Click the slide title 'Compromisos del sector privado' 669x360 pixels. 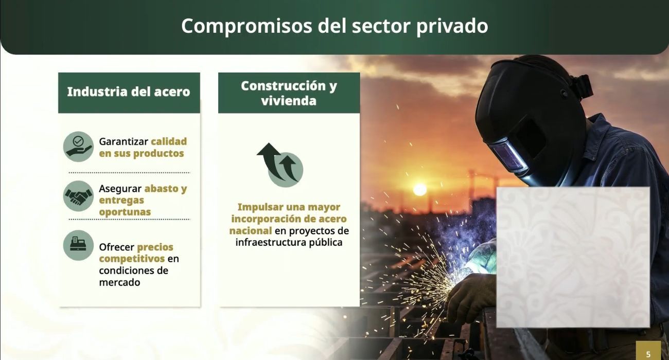point(334,26)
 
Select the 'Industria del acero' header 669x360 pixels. point(129,92)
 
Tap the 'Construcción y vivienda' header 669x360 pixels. point(289,93)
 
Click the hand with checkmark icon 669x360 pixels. point(78,147)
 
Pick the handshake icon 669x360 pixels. point(78,196)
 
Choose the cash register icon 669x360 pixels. point(78,245)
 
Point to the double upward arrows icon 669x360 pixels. point(280,165)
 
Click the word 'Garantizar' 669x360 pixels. point(124,141)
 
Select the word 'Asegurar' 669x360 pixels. point(120,189)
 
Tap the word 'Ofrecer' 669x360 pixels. point(116,247)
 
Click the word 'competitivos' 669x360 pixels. point(132,259)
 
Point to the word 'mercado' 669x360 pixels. point(119,282)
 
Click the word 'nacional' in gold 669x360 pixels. point(250,231)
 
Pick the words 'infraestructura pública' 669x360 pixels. point(289,242)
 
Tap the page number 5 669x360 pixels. point(648,354)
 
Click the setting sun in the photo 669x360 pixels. point(419,189)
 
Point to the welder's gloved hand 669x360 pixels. point(466,298)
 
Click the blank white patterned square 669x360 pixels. point(573,257)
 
